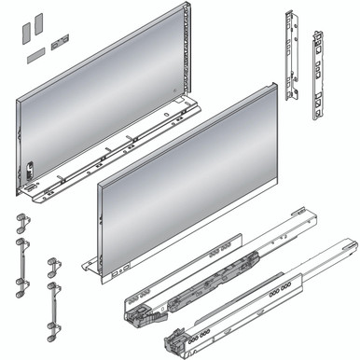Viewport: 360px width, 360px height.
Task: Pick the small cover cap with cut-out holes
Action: tap(61, 41)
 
